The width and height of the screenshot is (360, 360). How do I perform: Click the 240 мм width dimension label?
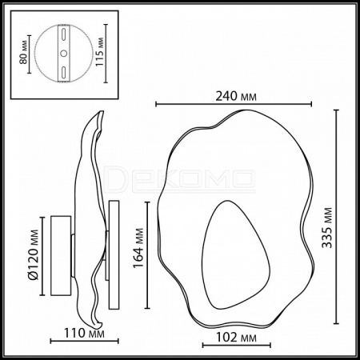pyautogui.click(x=236, y=96)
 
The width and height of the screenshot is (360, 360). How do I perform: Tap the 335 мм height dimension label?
pyautogui.click(x=327, y=228)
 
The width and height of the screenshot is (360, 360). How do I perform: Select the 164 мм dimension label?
pyautogui.click(x=138, y=248)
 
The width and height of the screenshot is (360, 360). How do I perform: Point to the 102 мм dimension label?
pyautogui.click(x=236, y=338)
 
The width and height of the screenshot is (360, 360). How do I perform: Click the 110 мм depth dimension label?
pyautogui.click(x=84, y=333)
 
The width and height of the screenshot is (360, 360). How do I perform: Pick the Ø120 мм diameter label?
pyautogui.click(x=34, y=254)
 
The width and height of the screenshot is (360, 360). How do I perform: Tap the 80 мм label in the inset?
pyautogui.click(x=23, y=52)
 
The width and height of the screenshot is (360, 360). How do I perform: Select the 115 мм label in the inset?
pyautogui.click(x=99, y=52)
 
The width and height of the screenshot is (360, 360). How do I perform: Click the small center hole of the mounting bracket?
pyautogui.click(x=64, y=54)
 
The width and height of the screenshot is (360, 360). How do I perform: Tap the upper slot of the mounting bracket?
pyautogui.click(x=64, y=34)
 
